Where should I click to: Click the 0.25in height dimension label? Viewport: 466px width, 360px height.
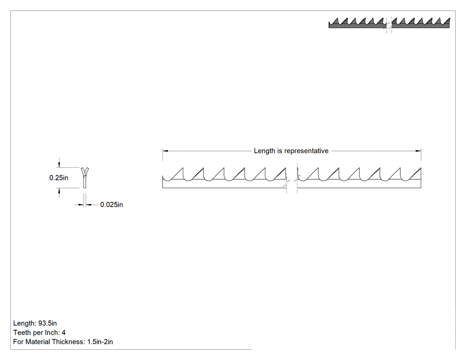(x=59, y=178)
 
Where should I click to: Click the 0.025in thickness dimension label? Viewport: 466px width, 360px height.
(x=111, y=205)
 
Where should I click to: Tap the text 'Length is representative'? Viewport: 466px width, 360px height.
(x=291, y=151)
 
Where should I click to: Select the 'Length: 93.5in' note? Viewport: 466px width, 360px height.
(x=35, y=323)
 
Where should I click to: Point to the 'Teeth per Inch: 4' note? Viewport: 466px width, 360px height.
(x=39, y=332)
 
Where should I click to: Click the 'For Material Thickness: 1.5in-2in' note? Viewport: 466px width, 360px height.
(x=63, y=341)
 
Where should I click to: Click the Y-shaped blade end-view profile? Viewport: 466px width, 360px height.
(x=85, y=178)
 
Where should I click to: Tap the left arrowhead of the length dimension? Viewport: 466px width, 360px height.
(x=165, y=151)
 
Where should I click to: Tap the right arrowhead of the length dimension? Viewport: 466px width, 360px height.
(x=418, y=151)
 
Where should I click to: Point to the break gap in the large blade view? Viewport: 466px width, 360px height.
(x=292, y=178)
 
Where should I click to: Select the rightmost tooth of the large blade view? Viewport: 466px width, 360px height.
(x=416, y=174)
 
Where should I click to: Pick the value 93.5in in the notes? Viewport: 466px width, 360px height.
(x=47, y=323)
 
